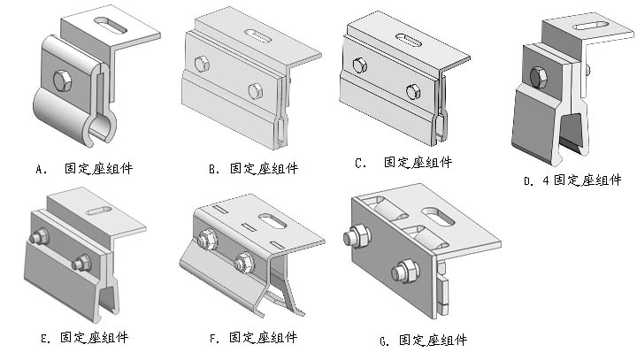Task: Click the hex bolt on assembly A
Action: tap(62, 81)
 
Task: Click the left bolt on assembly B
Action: tap(201, 64)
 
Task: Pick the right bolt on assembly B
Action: tap(255, 90)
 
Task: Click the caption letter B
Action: tap(213, 167)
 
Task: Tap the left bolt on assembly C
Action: tap(359, 65)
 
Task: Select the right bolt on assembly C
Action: tap(412, 91)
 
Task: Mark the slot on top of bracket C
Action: tap(409, 40)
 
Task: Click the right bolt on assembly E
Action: tap(81, 263)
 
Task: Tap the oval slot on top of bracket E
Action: tap(99, 210)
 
